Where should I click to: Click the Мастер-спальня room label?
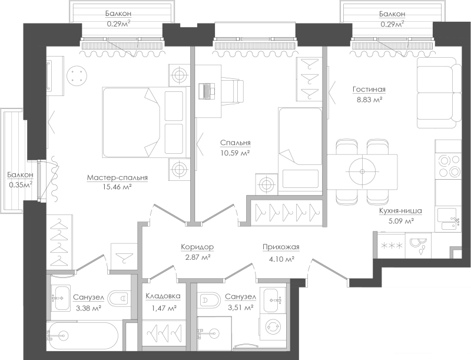(x=117, y=177)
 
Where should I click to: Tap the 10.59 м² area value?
(x=235, y=153)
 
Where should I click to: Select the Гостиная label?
(x=369, y=89)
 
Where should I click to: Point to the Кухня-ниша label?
(x=400, y=211)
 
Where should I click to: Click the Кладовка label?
(x=163, y=296)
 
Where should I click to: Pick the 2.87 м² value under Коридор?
(x=197, y=257)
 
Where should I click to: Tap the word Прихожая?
(x=281, y=247)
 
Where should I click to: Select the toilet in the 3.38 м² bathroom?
(x=119, y=299)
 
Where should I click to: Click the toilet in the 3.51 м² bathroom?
(x=209, y=300)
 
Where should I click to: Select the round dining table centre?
(x=362, y=171)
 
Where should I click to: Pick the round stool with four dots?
(x=77, y=76)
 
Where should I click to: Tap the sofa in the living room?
(x=439, y=93)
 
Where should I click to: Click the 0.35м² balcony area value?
(x=21, y=185)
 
